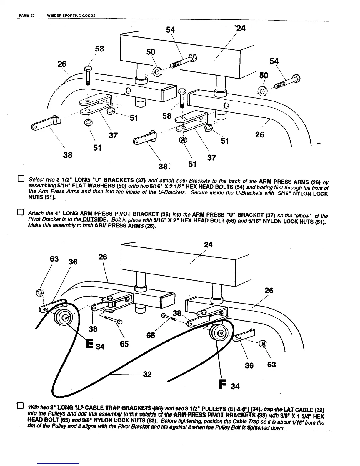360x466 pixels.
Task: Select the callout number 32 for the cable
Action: (x=147, y=374)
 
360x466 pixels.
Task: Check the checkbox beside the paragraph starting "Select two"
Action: (x=21, y=179)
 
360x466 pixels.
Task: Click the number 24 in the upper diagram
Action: (x=241, y=29)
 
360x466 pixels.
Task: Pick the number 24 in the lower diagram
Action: (x=208, y=245)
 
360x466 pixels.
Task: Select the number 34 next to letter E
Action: (x=100, y=347)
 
